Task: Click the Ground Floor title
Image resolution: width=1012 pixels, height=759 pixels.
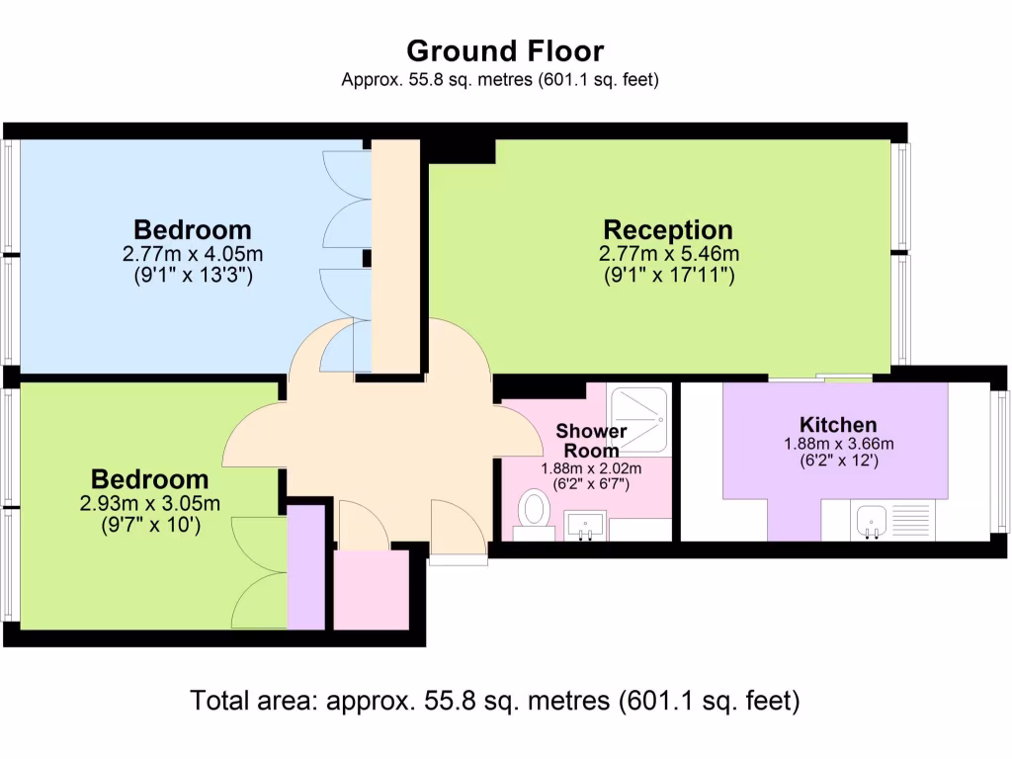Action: (x=505, y=51)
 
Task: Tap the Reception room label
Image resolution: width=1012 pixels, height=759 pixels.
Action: (x=668, y=229)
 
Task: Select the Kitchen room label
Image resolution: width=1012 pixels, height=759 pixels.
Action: (x=838, y=425)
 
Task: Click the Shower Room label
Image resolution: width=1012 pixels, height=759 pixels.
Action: (x=591, y=440)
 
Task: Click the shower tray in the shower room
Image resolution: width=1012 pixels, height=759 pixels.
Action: (x=639, y=419)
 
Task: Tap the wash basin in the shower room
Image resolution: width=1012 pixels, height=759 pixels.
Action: (x=585, y=525)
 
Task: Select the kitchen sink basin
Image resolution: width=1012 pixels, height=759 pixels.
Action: (x=872, y=520)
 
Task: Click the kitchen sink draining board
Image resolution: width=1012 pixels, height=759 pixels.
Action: (x=910, y=520)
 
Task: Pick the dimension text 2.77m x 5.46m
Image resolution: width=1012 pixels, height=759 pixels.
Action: (x=669, y=254)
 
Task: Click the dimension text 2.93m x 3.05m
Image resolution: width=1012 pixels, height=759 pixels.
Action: (x=150, y=503)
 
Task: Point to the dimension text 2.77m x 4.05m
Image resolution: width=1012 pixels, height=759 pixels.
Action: (x=193, y=254)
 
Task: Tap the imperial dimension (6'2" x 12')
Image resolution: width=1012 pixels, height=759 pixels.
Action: (x=839, y=461)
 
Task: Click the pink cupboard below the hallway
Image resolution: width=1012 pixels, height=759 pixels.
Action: (x=372, y=589)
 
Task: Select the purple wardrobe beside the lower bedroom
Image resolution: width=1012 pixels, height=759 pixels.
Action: (x=306, y=567)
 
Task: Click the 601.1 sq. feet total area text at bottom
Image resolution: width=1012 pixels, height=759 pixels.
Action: (x=710, y=701)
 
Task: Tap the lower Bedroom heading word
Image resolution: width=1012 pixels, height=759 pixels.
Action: (x=150, y=479)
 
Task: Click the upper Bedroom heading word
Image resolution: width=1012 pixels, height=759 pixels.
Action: (x=193, y=229)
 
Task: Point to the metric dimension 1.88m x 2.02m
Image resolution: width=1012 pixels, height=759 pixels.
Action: (x=591, y=468)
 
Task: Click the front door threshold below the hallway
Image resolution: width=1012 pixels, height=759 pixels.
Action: (x=459, y=560)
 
